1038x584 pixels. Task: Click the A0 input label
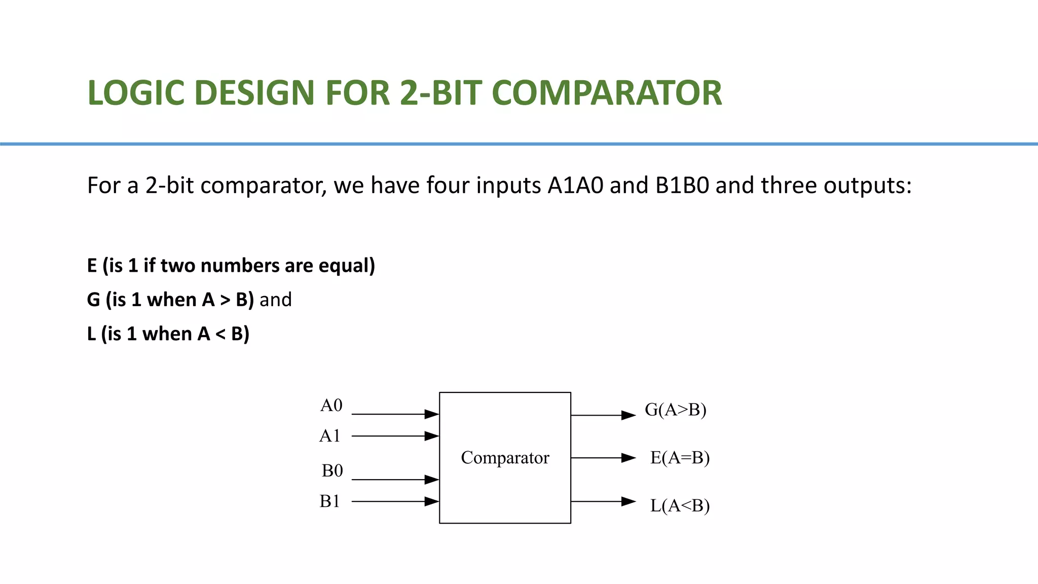(x=331, y=406)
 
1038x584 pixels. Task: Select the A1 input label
(x=329, y=436)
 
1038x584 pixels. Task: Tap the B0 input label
(x=332, y=471)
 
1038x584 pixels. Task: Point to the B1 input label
(x=329, y=501)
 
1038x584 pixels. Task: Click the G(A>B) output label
(x=676, y=410)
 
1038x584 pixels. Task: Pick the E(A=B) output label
(x=680, y=458)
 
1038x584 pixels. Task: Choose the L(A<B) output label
(x=680, y=506)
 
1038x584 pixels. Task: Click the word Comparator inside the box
(x=505, y=458)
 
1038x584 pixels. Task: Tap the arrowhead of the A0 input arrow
(x=432, y=414)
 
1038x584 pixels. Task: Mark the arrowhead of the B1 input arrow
(x=432, y=501)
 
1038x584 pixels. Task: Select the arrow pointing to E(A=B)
(x=603, y=458)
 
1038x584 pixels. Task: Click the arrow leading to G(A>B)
(x=603, y=415)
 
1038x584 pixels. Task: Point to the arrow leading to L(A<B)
(x=603, y=501)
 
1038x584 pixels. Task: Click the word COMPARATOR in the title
(x=607, y=93)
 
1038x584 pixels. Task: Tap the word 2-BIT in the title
(x=441, y=93)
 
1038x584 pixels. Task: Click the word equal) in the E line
(x=347, y=266)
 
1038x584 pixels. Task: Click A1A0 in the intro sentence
(x=575, y=186)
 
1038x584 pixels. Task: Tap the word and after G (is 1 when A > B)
(x=276, y=300)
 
